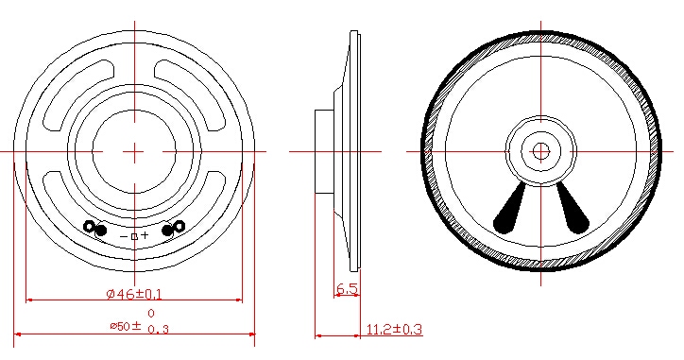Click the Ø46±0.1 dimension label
(x=134, y=294)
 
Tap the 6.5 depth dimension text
(x=348, y=289)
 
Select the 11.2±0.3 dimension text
(x=394, y=329)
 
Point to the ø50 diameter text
(x=120, y=326)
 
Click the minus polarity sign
(x=124, y=236)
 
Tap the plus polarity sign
(x=145, y=235)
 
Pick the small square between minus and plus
(x=134, y=236)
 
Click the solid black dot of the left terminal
(x=101, y=231)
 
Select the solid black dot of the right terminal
(x=168, y=230)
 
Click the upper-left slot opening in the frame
(x=75, y=92)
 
